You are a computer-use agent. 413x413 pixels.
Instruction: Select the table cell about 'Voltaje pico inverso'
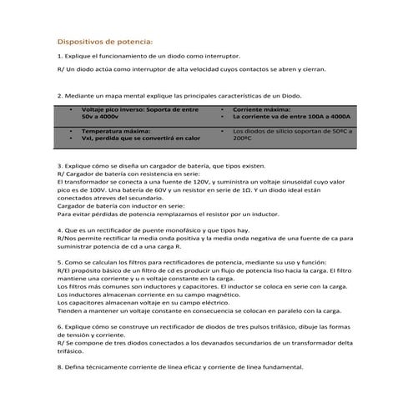[x=138, y=114]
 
